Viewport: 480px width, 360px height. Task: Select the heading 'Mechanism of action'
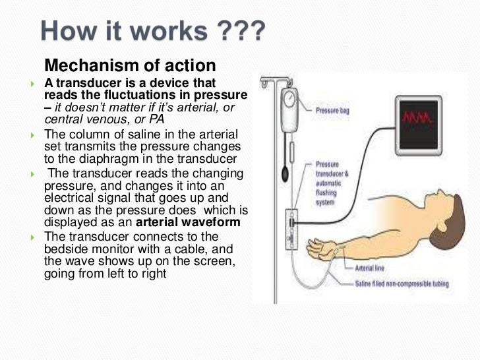tap(130, 66)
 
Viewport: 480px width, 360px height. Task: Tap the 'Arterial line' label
tap(369, 268)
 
